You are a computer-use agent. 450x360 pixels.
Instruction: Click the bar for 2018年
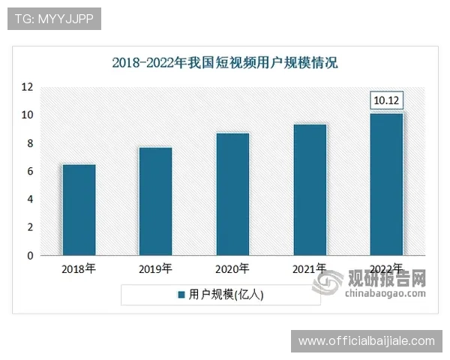point(79,210)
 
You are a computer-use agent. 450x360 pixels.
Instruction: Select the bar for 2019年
point(155,201)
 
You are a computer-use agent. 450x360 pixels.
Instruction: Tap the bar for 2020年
point(232,194)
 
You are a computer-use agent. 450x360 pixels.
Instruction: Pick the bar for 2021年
point(310,190)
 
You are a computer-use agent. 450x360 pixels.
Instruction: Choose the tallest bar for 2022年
point(387,184)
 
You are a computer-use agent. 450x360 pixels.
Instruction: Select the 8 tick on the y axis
point(30,143)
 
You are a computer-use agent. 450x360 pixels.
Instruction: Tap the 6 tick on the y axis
point(30,171)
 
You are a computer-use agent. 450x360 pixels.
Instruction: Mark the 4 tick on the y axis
point(30,199)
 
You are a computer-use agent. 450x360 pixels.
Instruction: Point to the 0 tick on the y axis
point(30,256)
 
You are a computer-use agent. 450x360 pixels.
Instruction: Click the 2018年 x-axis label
point(79,268)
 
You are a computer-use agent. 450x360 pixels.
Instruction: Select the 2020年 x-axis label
point(232,268)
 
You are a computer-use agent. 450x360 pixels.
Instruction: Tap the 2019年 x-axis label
point(155,268)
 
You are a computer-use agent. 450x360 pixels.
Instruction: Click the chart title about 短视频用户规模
point(225,62)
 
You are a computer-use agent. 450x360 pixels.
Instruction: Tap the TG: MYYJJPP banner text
point(53,19)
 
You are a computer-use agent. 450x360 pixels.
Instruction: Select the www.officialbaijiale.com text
point(366,341)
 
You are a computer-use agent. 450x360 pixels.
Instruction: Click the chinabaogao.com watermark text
point(384,294)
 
